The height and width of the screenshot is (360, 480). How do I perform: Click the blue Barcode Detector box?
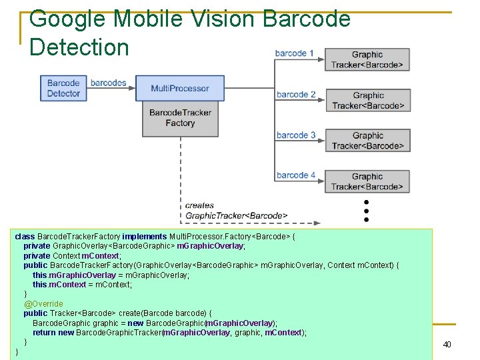[x=63, y=88]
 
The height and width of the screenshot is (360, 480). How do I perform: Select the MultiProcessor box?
[x=180, y=88]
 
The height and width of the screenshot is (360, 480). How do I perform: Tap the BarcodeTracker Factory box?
[x=180, y=118]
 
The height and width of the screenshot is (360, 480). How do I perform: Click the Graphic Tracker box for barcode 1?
[x=367, y=59]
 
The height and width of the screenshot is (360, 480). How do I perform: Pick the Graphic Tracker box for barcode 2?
[x=368, y=100]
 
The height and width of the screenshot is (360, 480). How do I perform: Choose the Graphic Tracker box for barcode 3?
[x=368, y=141]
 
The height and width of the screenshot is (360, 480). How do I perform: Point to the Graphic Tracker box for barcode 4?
[x=367, y=181]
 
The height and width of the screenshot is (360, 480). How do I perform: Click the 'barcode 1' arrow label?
[x=295, y=53]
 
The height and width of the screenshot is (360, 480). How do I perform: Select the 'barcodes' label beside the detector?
[x=108, y=83]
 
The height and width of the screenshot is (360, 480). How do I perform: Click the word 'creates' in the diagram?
[x=199, y=205]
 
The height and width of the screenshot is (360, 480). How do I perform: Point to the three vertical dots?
[x=366, y=210]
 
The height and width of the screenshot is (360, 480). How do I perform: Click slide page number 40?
[x=447, y=345]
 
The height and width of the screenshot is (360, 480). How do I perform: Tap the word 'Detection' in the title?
[x=79, y=47]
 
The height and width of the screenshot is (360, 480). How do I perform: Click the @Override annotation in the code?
[x=43, y=303]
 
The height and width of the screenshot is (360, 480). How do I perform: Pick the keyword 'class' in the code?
[x=25, y=237]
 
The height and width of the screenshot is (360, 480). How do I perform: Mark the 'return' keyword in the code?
[x=44, y=332]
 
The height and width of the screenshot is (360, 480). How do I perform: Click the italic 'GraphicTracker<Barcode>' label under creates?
[x=236, y=215]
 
